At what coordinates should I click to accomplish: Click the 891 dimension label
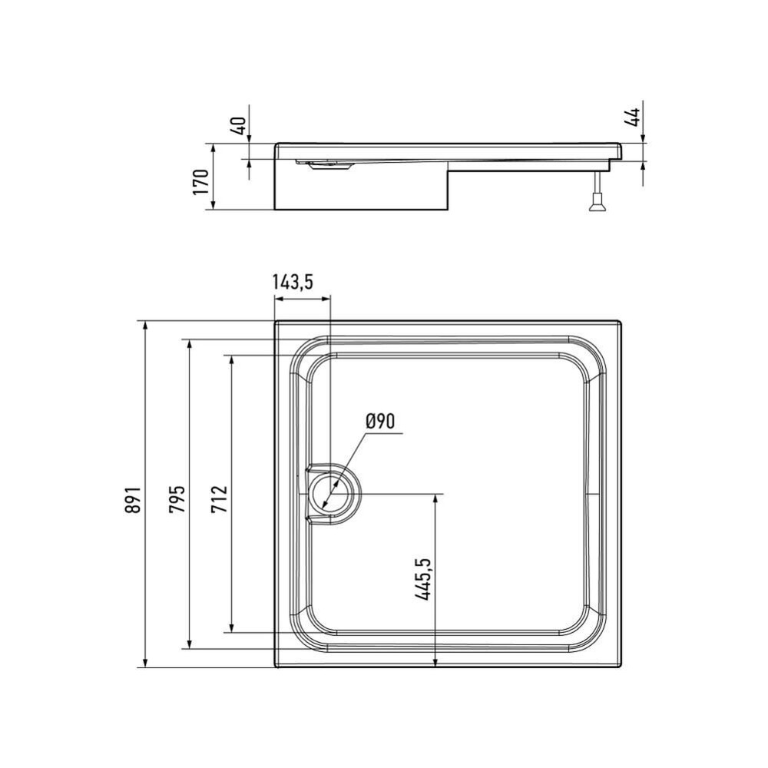pyautogui.click(x=133, y=500)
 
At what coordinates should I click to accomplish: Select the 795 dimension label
pyautogui.click(x=177, y=499)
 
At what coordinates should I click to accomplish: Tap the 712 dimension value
pyautogui.click(x=220, y=498)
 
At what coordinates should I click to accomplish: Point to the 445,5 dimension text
pyautogui.click(x=422, y=579)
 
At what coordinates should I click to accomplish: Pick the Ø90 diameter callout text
pyautogui.click(x=380, y=421)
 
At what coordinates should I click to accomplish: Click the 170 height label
pyautogui.click(x=200, y=182)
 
